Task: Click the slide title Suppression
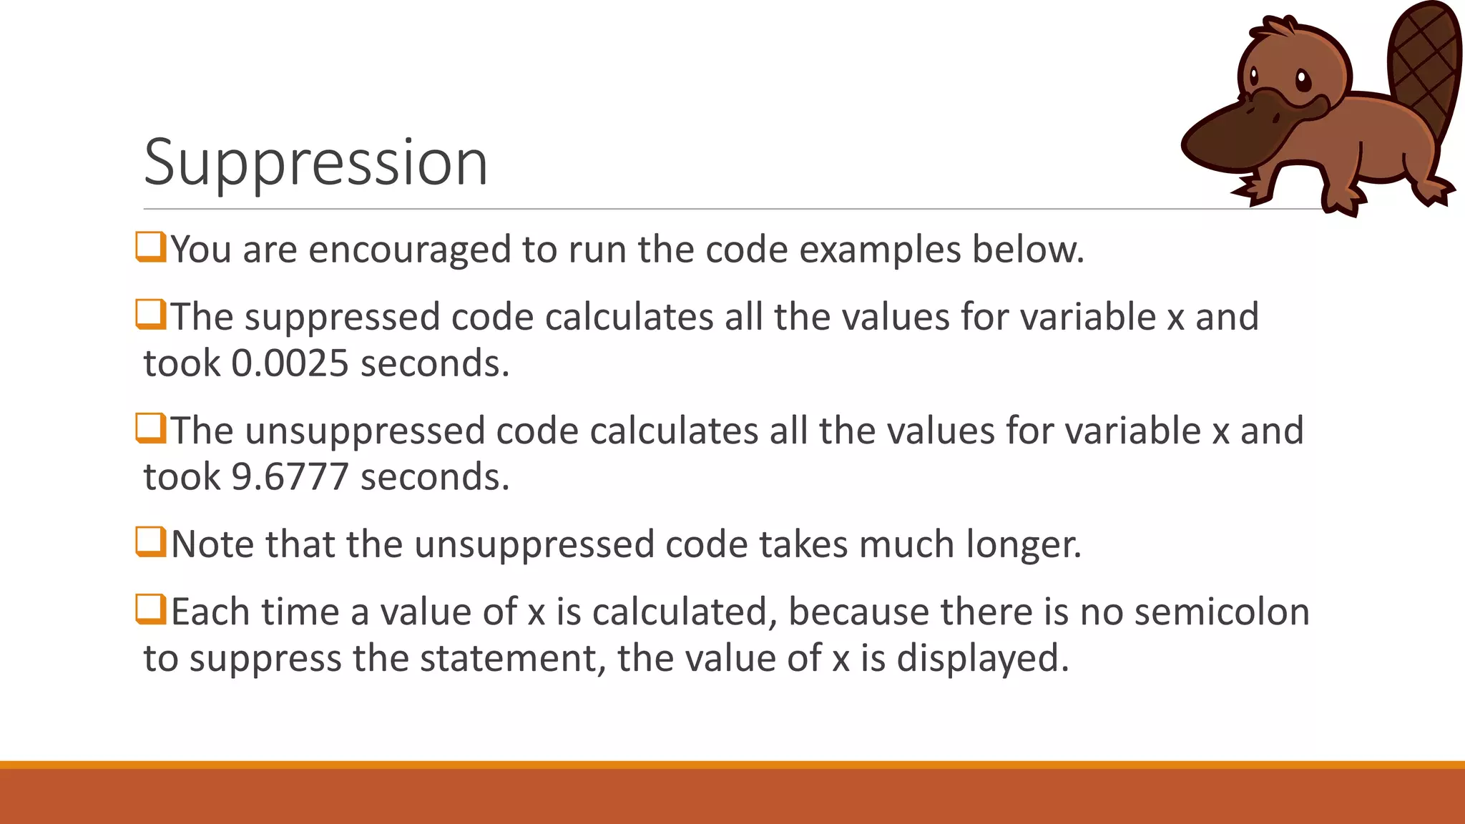pos(315,163)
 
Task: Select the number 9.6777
pos(290,477)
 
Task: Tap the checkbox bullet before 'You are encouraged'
pos(151,247)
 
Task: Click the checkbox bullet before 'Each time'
pos(151,610)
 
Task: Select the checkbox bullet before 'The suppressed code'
pos(151,315)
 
